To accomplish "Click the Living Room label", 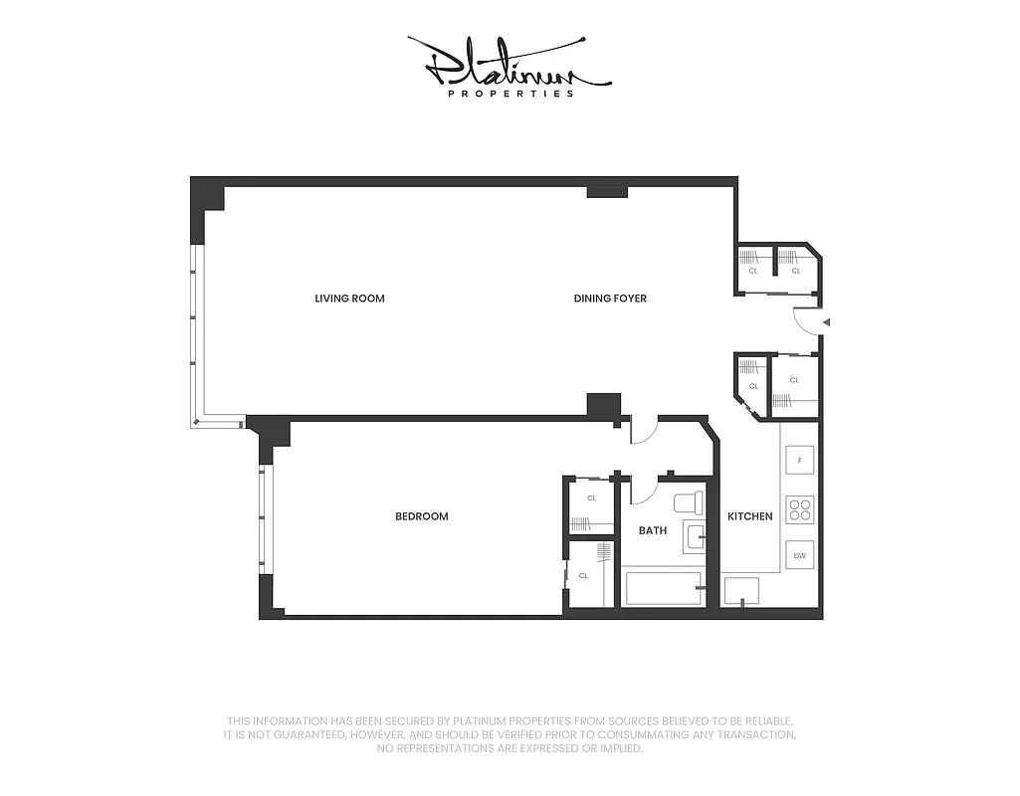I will click(349, 298).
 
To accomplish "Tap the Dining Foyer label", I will click(610, 298).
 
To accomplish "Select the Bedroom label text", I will click(421, 516).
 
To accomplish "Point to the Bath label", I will click(653, 530).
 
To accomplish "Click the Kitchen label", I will click(749, 516).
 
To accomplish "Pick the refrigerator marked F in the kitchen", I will click(799, 460).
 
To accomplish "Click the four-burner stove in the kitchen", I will click(799, 509).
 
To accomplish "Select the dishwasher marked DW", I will click(799, 555).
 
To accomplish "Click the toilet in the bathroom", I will click(688, 503).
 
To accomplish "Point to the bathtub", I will click(663, 588).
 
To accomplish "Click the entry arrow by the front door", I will click(826, 322).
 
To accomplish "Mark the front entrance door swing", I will click(806, 322).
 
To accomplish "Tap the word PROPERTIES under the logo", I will click(510, 94).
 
